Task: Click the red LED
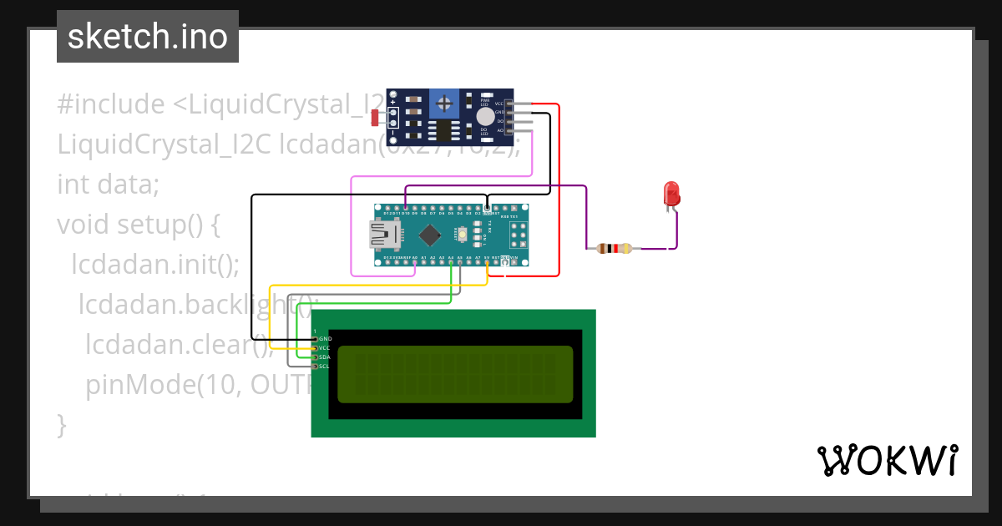point(671,194)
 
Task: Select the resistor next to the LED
point(613,248)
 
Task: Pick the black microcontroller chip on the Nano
point(429,235)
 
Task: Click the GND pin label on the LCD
point(325,338)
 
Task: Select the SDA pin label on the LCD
point(325,357)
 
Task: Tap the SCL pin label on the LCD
point(325,366)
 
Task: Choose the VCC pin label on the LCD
point(325,347)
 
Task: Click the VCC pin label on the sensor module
point(499,104)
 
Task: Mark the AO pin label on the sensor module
point(500,130)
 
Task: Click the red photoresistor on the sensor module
point(376,117)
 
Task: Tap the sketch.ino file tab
point(148,37)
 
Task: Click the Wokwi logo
point(887,460)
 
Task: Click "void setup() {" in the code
point(138,224)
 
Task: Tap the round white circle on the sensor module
point(484,118)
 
